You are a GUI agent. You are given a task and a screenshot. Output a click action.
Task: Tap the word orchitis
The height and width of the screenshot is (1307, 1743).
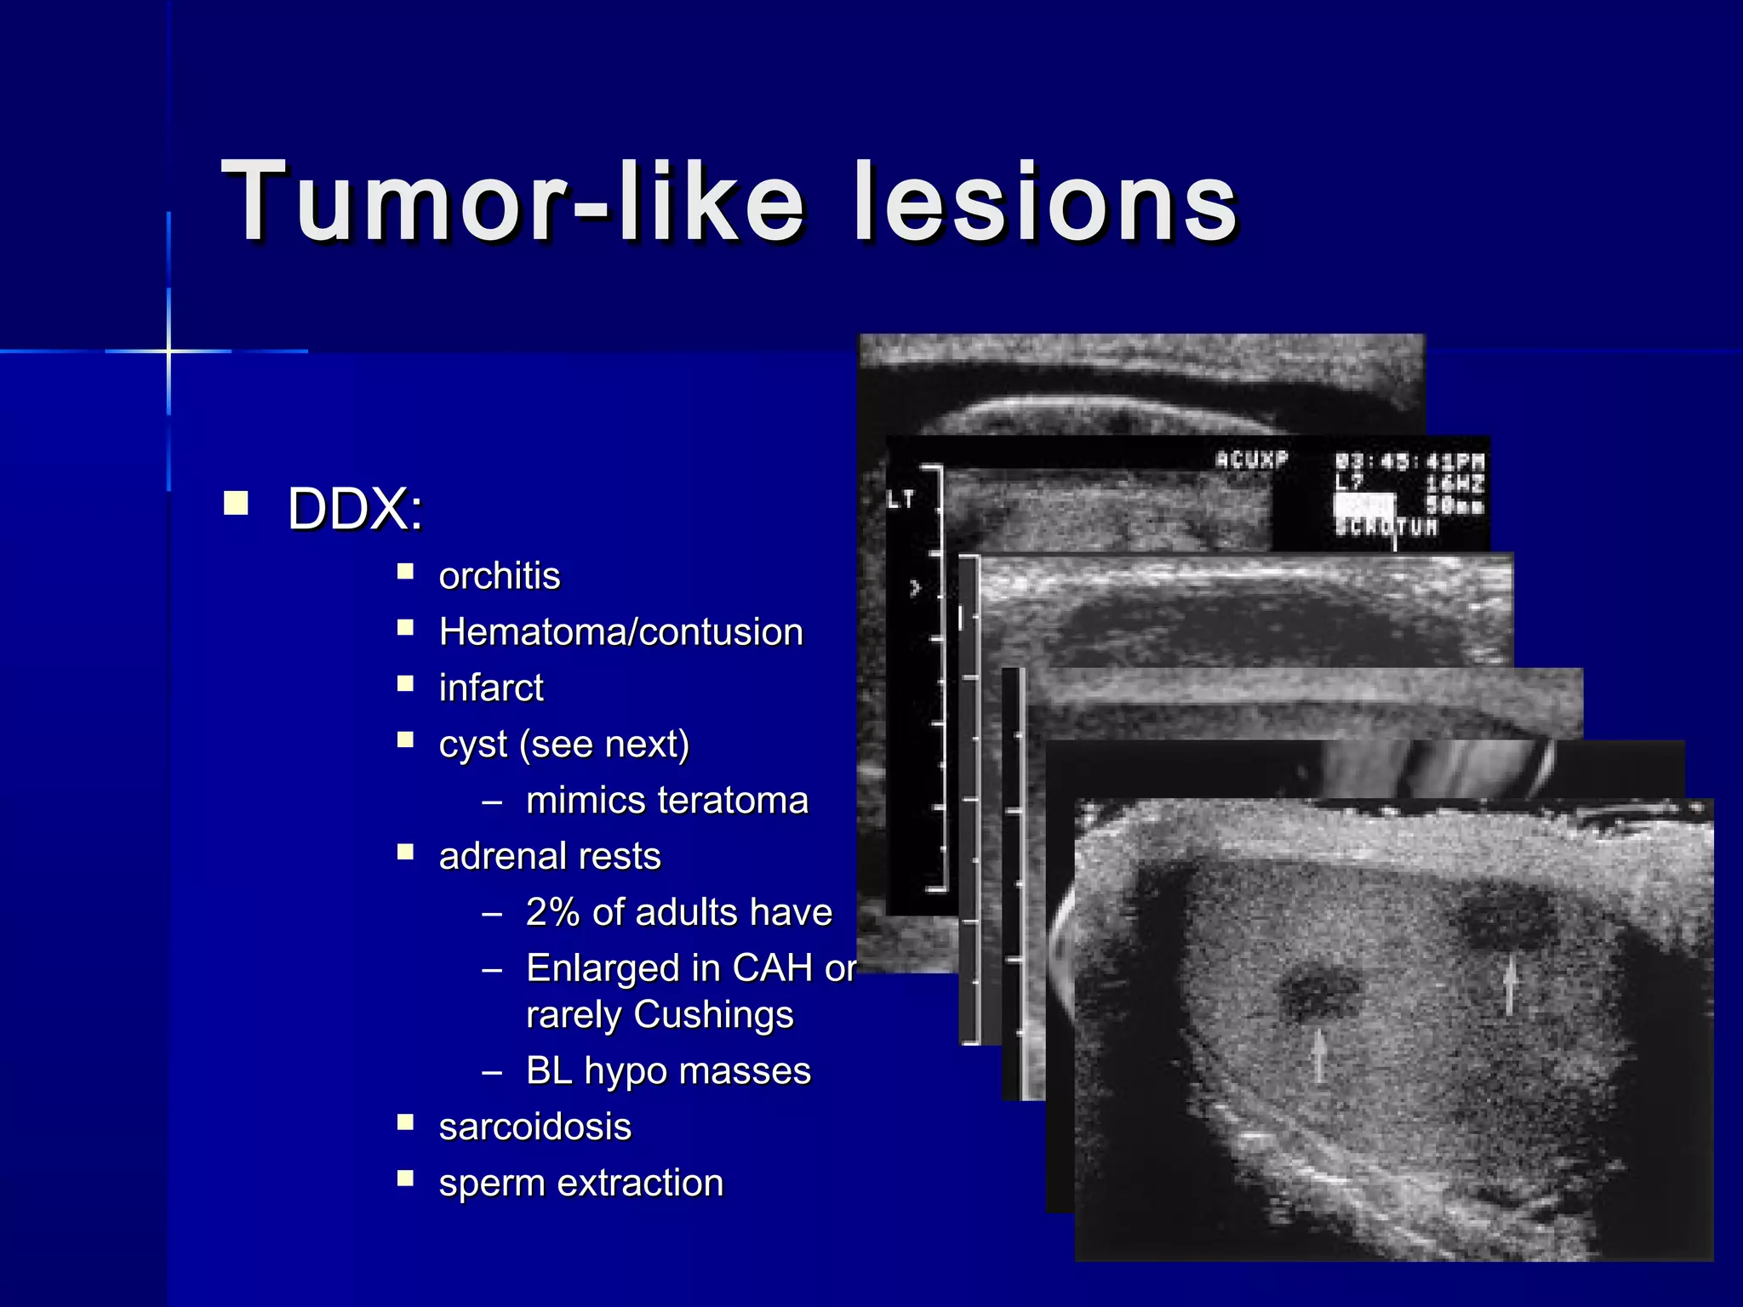coord(499,576)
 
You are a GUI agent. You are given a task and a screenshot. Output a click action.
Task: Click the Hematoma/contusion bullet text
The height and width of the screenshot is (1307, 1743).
coord(620,632)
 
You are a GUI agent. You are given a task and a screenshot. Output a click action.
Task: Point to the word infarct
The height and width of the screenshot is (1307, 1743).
coord(490,688)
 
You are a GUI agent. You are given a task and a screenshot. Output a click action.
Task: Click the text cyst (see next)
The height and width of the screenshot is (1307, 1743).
coord(563,744)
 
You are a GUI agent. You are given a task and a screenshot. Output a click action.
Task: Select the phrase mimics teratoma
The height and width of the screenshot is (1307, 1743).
coord(666,800)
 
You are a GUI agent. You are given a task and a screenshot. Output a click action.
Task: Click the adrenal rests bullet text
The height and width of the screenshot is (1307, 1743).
coord(549,856)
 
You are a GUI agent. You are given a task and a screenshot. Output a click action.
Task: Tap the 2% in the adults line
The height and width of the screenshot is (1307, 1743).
coord(553,912)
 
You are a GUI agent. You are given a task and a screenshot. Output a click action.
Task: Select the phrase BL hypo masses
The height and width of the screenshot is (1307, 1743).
coord(668,1070)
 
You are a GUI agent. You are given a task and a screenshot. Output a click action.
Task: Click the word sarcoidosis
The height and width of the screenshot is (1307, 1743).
coord(534,1127)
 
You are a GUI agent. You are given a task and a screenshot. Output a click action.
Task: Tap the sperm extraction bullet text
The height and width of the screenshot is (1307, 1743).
coord(580,1183)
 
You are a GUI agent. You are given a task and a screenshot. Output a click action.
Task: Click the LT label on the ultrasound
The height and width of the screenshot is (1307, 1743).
coord(900,500)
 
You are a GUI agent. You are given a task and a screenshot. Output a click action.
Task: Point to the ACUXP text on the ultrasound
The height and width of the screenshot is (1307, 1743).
coord(1251,460)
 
